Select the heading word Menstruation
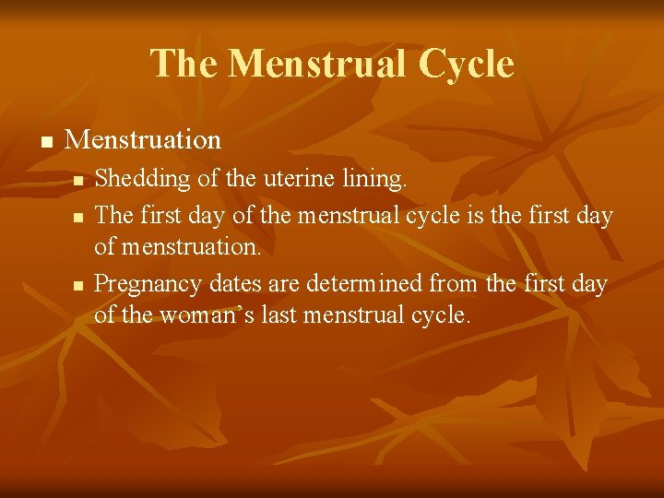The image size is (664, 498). [x=144, y=139]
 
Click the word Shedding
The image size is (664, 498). [x=135, y=179]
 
